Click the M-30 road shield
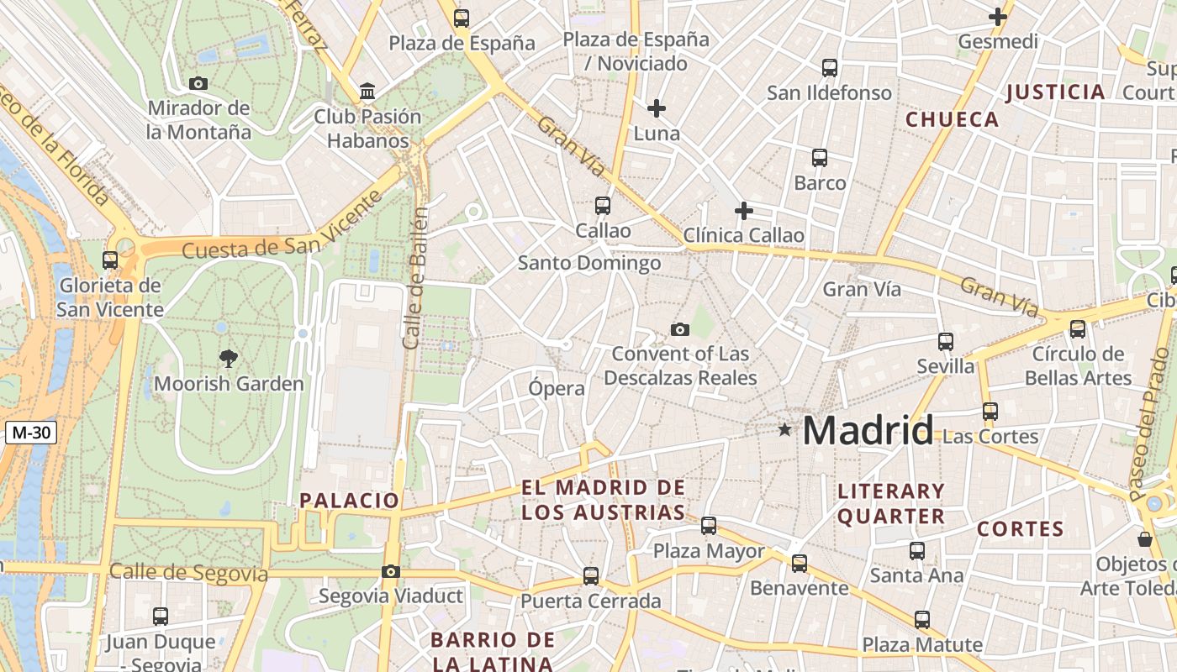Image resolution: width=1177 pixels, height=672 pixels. pos(32,433)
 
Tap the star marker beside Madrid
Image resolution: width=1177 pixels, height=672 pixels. pos(784,430)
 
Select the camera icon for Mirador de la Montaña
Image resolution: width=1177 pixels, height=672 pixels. pos(198,83)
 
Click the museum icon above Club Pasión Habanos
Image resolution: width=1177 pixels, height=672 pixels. pos(367,91)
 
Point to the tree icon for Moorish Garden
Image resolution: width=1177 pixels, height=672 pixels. pos(228,359)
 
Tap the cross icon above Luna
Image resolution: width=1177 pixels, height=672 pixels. pos(657,108)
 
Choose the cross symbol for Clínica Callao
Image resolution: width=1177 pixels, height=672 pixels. pos(743,210)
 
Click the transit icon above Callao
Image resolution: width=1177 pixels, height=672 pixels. pos(603,205)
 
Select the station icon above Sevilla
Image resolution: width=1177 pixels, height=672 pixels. pos(946,341)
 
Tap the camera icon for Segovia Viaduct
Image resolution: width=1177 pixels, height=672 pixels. pos(390,571)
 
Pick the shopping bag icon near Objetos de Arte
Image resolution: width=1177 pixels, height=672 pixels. pos(1144,538)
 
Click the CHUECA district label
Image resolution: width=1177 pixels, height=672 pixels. pos(952,119)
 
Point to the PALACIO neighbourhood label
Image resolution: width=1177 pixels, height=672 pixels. pos(350,501)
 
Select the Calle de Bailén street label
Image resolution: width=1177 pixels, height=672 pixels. pos(416,277)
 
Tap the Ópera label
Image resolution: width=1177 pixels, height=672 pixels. pos(556,388)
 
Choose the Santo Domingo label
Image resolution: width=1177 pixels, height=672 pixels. pos(588,263)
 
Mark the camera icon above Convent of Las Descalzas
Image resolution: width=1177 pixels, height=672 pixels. pos(680,329)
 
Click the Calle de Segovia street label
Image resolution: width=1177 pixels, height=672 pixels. pos(188,574)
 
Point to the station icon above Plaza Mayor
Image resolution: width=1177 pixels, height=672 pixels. pos(709,526)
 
